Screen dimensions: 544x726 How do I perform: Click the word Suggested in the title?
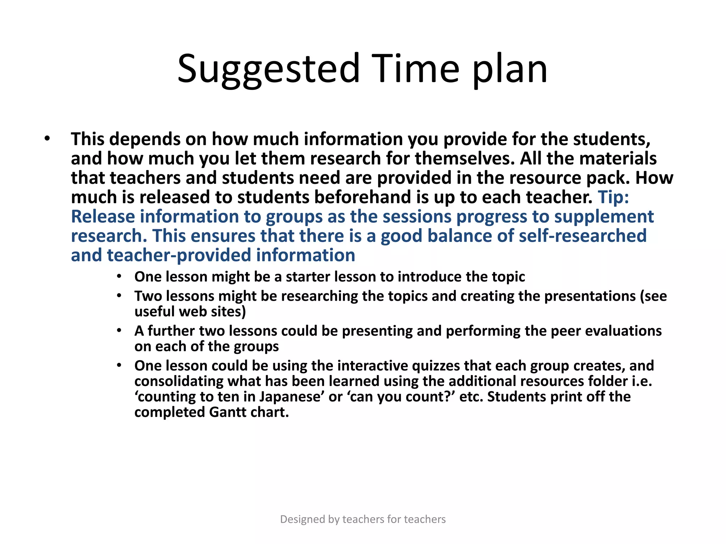click(x=268, y=69)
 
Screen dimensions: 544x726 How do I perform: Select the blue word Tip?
click(x=613, y=197)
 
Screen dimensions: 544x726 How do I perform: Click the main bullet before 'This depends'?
click(x=47, y=138)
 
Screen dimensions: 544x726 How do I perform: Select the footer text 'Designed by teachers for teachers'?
click(x=363, y=519)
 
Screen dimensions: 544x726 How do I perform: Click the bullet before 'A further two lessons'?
click(x=119, y=331)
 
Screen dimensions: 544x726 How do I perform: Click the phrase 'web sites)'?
click(x=212, y=312)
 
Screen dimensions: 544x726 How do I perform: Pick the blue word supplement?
click(x=604, y=217)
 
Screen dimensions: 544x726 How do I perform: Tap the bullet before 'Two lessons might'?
click(x=119, y=296)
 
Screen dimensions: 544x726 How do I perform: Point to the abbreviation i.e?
click(x=642, y=381)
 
